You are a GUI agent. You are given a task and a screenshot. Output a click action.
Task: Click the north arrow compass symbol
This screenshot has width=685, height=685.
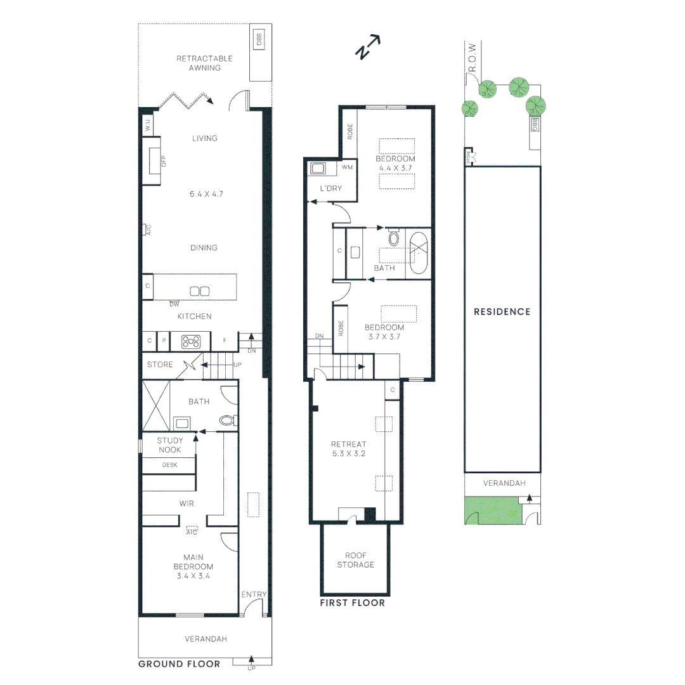(x=367, y=48)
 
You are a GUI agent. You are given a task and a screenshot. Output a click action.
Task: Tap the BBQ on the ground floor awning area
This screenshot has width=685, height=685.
(x=259, y=39)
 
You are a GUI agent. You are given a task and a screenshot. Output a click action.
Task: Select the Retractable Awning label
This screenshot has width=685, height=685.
(x=204, y=63)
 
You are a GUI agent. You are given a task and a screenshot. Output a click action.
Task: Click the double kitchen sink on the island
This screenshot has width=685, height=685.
(x=200, y=291)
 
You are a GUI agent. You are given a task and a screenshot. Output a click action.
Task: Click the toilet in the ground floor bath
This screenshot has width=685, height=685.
(x=228, y=420)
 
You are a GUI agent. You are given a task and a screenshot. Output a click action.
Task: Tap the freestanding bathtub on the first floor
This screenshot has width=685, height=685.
(x=419, y=253)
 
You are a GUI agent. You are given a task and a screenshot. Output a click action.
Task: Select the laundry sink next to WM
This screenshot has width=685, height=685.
(x=318, y=169)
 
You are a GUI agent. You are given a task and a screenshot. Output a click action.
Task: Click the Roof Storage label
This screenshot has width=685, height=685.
(x=355, y=559)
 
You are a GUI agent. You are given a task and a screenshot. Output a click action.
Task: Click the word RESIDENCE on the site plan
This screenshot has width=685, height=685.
(x=502, y=311)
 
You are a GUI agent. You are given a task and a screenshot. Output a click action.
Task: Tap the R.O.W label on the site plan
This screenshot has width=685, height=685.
(x=471, y=56)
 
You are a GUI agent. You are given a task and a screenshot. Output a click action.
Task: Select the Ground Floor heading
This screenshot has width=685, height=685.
(x=179, y=664)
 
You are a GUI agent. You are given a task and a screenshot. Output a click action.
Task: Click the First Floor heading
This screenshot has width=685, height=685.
(x=352, y=603)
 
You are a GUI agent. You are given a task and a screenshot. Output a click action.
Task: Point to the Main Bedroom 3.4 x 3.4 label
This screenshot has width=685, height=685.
(x=193, y=566)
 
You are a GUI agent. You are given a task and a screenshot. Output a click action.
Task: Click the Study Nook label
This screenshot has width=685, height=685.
(x=169, y=445)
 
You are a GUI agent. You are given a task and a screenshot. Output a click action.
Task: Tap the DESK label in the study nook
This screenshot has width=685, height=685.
(x=169, y=465)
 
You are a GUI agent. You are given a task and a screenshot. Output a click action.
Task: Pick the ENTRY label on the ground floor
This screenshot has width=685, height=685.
(x=254, y=594)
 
